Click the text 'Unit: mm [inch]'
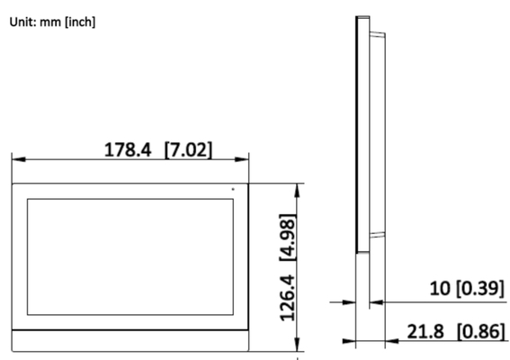click(x=52, y=22)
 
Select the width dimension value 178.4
click(x=128, y=149)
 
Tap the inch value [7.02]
click(x=188, y=150)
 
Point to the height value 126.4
click(x=288, y=298)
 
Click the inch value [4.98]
click(x=288, y=238)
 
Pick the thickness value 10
click(x=440, y=288)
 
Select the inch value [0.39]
click(x=480, y=289)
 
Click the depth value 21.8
click(x=425, y=331)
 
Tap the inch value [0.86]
click(x=481, y=331)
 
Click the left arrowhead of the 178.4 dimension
click(x=19, y=159)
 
